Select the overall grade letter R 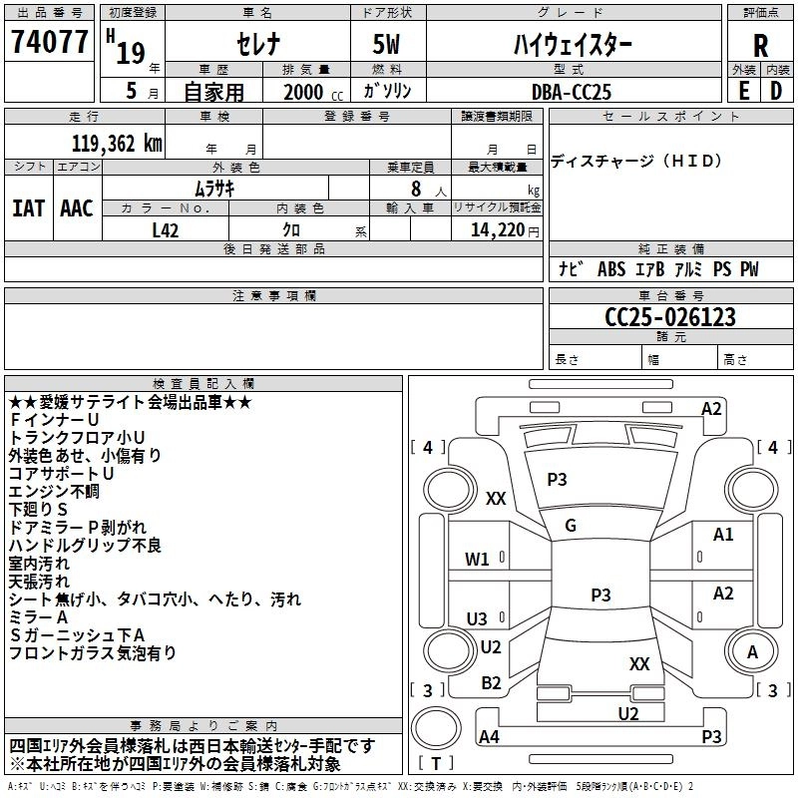[760, 45]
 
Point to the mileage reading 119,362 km [117, 143]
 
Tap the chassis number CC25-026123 [670, 317]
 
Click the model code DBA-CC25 [572, 91]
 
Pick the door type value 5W [386, 45]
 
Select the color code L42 [168, 229]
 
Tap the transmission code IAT [28, 207]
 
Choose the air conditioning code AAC [76, 207]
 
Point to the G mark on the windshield [571, 525]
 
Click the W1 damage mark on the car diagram [478, 559]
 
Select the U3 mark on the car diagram [478, 618]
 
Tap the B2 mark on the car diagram [492, 682]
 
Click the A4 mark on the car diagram [490, 737]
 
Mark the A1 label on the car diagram [723, 535]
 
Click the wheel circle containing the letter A [753, 653]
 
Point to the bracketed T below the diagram [436, 763]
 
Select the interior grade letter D [776, 90]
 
